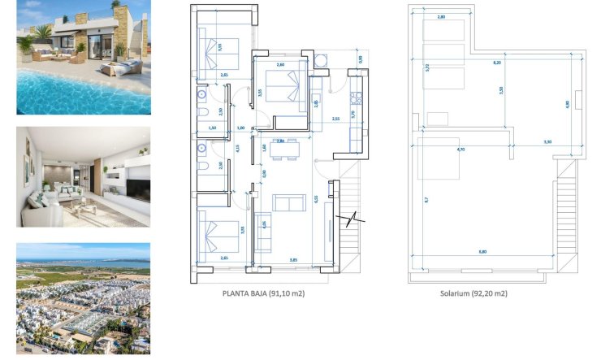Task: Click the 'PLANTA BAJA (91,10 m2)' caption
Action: (x=257, y=293)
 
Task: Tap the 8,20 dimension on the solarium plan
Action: (x=496, y=62)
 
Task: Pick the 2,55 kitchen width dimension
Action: (x=336, y=119)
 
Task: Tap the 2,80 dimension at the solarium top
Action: (x=441, y=17)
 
